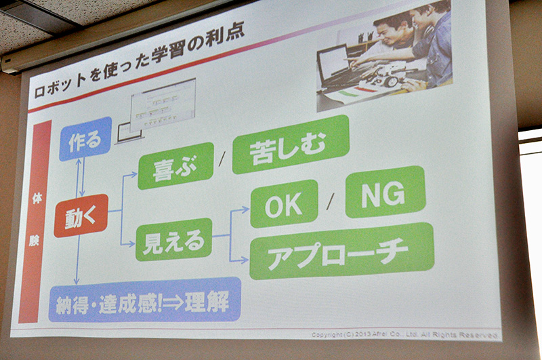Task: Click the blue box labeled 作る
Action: point(85,139)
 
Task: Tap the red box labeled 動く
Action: point(81,216)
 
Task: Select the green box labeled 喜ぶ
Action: point(175,166)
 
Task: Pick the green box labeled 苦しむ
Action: point(291,144)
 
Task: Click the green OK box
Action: point(284,203)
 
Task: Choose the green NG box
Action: point(385,192)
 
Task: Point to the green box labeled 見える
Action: point(174,239)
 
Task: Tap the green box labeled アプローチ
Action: point(341,252)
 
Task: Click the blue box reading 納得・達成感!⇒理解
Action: point(145,300)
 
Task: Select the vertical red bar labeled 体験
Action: point(35,221)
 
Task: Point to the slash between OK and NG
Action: point(331,201)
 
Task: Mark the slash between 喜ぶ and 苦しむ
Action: point(222,159)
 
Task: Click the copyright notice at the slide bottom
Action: point(404,335)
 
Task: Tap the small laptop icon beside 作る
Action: point(129,133)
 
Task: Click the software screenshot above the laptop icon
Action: point(163,104)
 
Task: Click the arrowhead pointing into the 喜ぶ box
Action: point(134,174)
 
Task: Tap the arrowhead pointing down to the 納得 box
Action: point(77,281)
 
